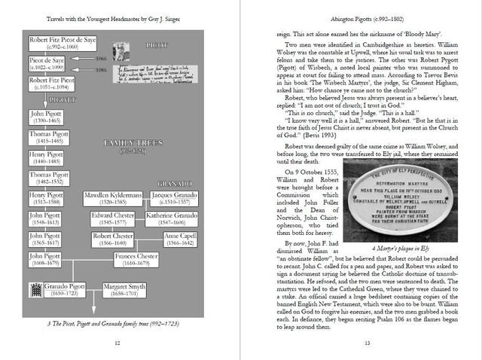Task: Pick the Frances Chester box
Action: (x=136, y=260)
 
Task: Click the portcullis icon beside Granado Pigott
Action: (x=34, y=291)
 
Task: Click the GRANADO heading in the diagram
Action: (x=175, y=184)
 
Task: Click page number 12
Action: (x=117, y=343)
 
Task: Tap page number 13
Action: (x=366, y=343)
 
